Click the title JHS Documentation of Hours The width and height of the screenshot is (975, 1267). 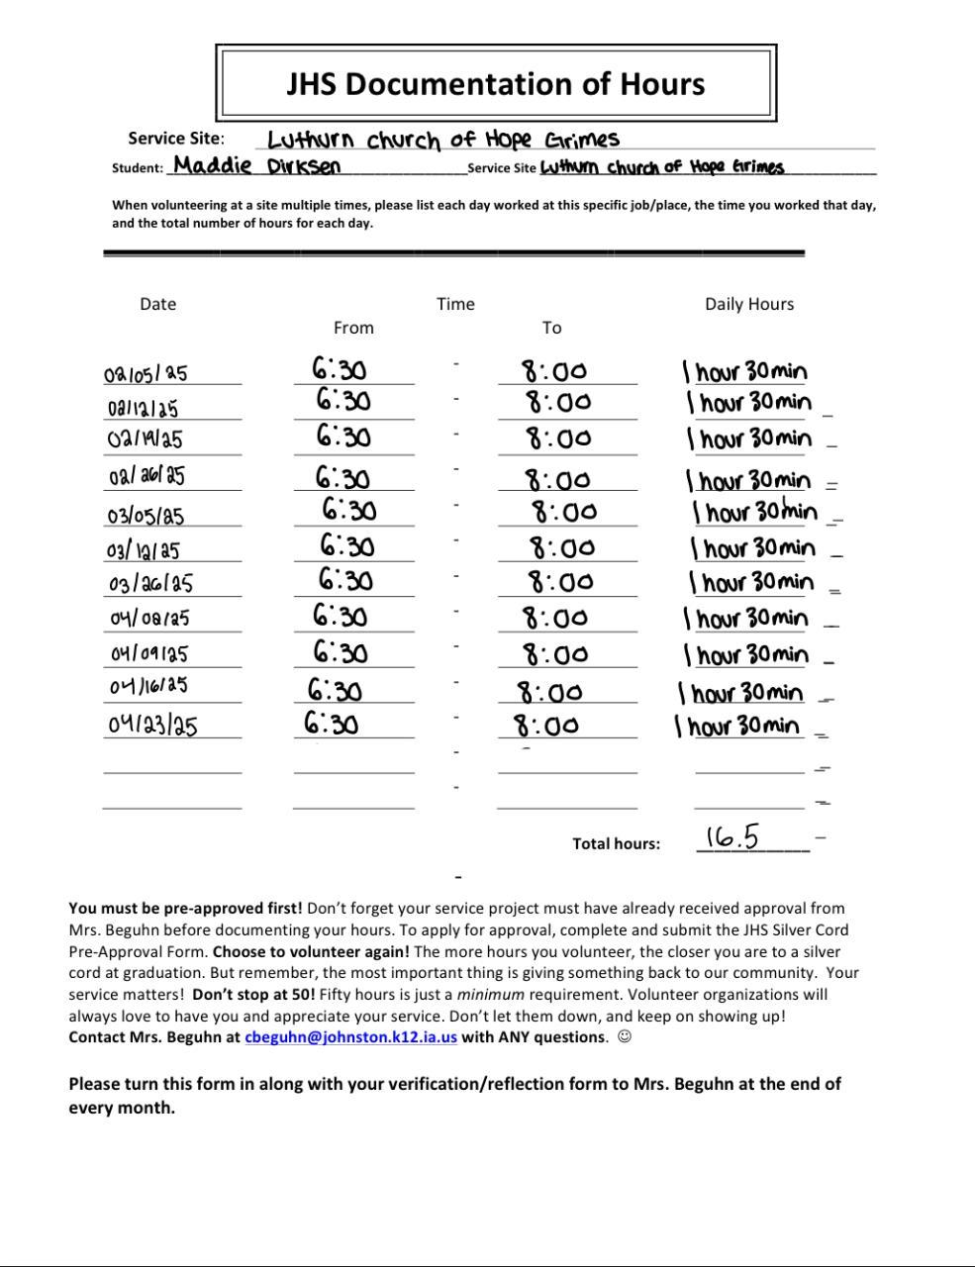tap(495, 83)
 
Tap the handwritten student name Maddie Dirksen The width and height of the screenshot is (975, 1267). tap(257, 165)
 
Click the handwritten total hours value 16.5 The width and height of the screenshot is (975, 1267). tap(732, 838)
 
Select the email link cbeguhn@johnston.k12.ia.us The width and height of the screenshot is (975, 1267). tap(350, 1037)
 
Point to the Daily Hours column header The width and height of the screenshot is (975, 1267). tap(748, 304)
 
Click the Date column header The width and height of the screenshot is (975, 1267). tap(157, 304)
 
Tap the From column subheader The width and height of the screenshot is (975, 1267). tap(353, 328)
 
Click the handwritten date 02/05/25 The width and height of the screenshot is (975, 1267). tap(146, 374)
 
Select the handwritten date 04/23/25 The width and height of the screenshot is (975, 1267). tap(152, 726)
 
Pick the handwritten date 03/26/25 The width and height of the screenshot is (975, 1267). tap(150, 584)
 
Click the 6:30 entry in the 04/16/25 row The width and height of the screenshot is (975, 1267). tap(335, 690)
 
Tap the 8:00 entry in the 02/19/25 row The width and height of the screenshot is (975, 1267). tap(558, 438)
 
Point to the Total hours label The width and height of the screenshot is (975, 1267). tap(616, 844)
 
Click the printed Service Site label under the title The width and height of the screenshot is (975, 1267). tap(175, 139)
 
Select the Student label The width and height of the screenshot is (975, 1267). tap(137, 168)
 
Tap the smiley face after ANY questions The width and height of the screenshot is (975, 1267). tap(624, 1037)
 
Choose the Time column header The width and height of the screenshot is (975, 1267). tap(455, 304)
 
